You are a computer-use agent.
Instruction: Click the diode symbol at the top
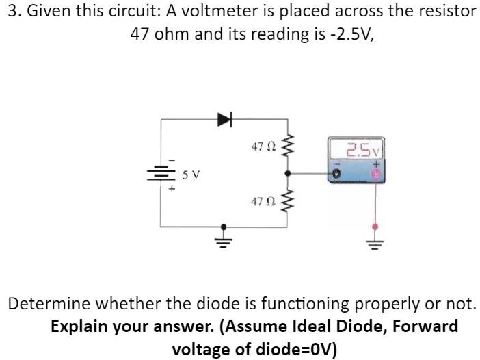(x=224, y=120)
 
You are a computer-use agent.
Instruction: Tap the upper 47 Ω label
(x=263, y=146)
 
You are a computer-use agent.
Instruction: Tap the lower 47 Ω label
(x=263, y=202)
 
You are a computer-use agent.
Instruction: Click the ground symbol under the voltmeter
(x=373, y=239)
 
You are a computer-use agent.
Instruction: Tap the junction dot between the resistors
(x=288, y=174)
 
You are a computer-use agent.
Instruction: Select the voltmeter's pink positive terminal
(x=374, y=175)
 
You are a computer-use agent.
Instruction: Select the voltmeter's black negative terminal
(x=336, y=175)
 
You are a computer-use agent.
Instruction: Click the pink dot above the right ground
(x=373, y=225)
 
